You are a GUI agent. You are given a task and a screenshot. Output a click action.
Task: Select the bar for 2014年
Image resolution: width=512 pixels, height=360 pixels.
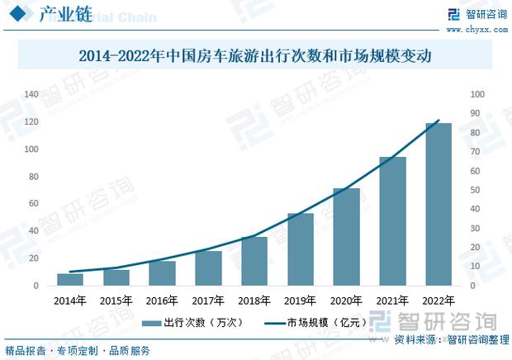pos(70,279)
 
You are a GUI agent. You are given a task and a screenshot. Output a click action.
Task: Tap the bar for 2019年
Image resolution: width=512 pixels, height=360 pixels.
pos(301,249)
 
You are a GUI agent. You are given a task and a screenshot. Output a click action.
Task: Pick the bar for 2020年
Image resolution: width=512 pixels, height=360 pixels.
pos(347,236)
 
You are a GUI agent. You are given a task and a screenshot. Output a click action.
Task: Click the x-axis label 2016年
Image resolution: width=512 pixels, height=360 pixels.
pos(162,301)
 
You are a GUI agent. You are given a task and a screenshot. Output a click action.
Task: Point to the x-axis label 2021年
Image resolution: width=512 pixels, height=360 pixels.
pos(392,301)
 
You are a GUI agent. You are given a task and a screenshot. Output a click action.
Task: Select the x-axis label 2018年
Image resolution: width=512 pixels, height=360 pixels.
pos(254,301)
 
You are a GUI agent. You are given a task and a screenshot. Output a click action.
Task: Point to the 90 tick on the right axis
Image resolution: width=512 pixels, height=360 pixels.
pos(476,114)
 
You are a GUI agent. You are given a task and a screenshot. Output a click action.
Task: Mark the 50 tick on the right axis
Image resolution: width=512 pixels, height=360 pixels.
pos(476,190)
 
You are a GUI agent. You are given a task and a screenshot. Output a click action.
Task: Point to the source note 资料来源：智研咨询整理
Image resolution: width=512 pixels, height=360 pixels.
pos(451,339)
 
